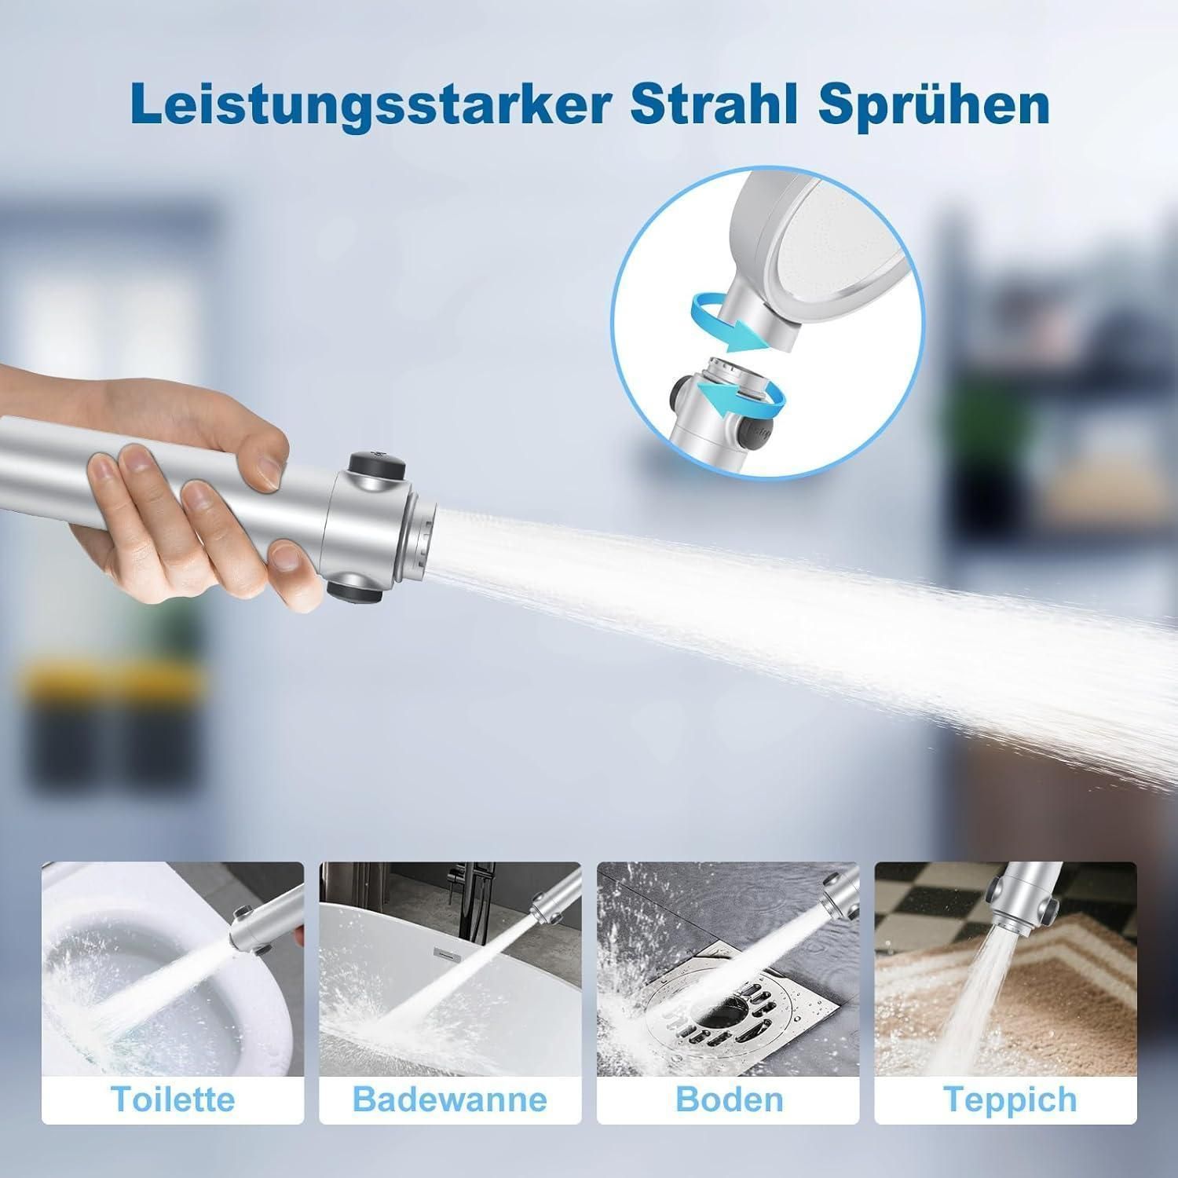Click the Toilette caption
tap(173, 1099)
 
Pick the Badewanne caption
tap(450, 1099)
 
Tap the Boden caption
tap(729, 1099)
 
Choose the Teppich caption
tap(1010, 1100)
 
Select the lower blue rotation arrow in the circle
tap(742, 400)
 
